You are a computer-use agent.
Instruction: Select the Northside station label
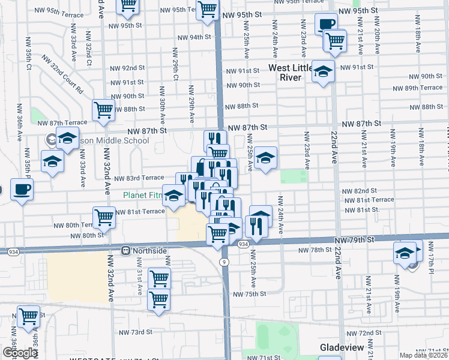click(143, 250)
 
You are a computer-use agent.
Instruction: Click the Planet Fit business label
click(142, 195)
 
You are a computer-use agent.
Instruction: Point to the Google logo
click(20, 353)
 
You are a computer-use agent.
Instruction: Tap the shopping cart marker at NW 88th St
click(103, 110)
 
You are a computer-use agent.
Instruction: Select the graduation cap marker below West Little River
click(323, 71)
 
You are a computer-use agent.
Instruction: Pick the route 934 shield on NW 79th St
click(243, 245)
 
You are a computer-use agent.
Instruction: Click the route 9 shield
click(224, 262)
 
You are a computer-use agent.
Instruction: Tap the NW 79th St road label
click(355, 239)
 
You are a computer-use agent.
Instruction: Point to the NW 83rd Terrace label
click(139, 178)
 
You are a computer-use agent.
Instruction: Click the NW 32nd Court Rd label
click(62, 74)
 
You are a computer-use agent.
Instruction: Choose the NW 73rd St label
click(135, 332)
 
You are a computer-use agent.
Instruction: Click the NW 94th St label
click(192, 37)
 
